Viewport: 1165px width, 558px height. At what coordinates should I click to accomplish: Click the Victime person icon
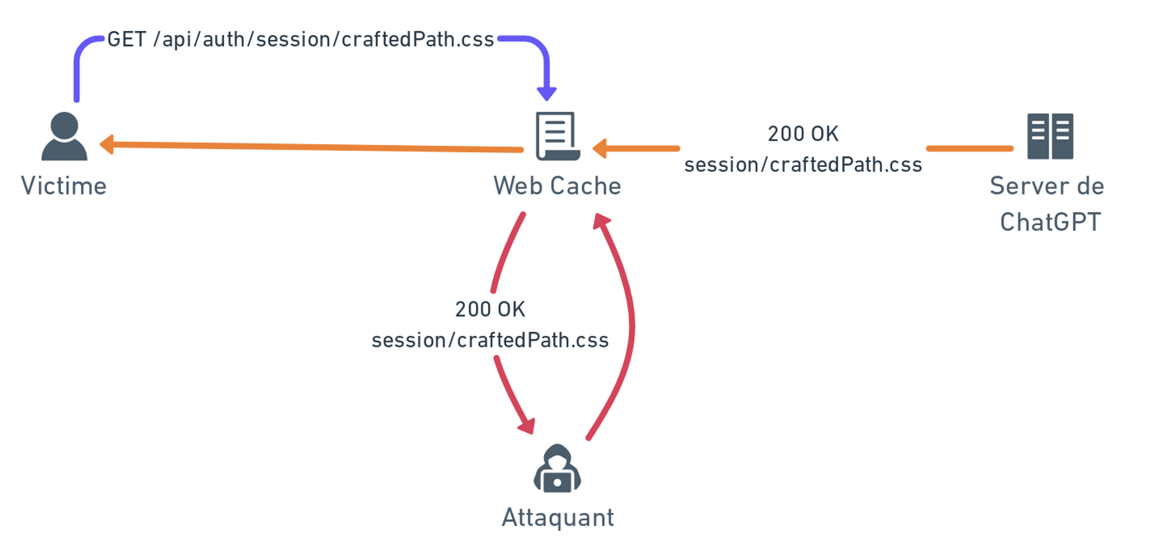coord(64,136)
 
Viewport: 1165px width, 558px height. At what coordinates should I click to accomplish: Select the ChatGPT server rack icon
coord(1050,136)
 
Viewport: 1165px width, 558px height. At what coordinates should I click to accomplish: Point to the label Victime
coord(64,187)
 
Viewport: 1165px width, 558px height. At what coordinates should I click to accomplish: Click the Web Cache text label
coord(557,187)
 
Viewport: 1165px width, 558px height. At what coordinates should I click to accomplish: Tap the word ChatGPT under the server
coord(1050,222)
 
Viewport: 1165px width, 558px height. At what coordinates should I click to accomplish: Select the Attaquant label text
coord(557,518)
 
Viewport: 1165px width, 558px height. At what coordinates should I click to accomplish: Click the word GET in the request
coord(126,40)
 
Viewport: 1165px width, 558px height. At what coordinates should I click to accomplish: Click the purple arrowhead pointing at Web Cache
coord(546,93)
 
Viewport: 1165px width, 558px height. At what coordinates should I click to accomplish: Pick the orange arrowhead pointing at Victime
coord(107,144)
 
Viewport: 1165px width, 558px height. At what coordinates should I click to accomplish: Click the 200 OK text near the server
coord(803,134)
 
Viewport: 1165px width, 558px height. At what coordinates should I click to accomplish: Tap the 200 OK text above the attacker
coord(490,310)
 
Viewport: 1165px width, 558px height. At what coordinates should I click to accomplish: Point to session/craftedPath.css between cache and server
coord(803,165)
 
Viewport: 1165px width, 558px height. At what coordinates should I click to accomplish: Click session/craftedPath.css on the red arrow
coord(490,341)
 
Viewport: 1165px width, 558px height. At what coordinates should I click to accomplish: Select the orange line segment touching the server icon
coord(970,149)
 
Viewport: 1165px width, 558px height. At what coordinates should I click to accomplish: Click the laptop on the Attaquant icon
coord(557,482)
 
